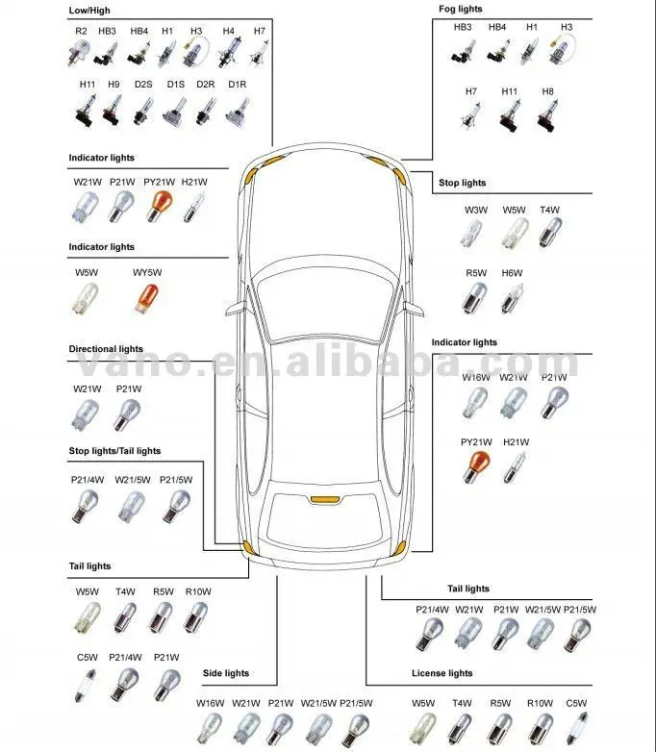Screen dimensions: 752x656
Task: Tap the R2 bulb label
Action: click(x=81, y=32)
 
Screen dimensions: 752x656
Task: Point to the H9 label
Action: click(x=114, y=85)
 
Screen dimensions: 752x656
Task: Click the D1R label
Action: click(x=237, y=85)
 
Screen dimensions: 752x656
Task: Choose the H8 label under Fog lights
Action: click(x=547, y=91)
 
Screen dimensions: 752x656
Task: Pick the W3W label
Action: click(x=475, y=210)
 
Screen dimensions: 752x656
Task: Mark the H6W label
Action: click(x=512, y=273)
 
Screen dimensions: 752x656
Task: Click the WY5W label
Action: click(x=146, y=273)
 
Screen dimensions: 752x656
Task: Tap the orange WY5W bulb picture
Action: click(x=146, y=299)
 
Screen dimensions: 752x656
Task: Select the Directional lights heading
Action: click(x=106, y=349)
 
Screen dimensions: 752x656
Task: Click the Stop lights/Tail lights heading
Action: click(x=114, y=450)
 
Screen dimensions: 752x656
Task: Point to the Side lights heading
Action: click(x=226, y=673)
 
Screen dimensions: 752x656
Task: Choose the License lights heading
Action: click(x=442, y=673)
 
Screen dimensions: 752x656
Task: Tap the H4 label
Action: click(x=228, y=32)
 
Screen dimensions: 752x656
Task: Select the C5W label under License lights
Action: click(x=576, y=703)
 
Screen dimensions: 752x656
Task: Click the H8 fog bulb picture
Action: click(x=547, y=117)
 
